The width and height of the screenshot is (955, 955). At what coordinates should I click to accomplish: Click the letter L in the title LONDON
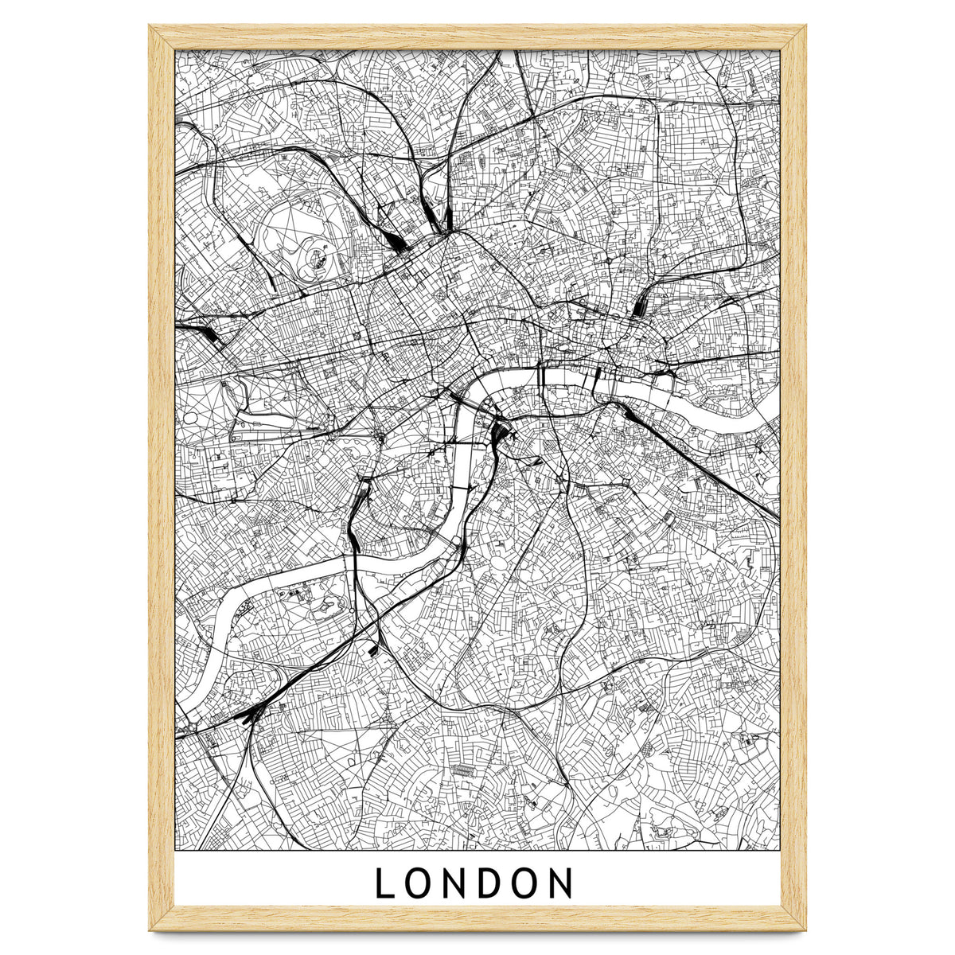click(384, 883)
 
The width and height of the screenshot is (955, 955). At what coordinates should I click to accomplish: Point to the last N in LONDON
click(560, 883)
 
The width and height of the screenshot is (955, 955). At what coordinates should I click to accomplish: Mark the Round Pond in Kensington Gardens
click(191, 416)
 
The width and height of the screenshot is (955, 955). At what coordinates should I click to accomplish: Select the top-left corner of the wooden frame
click(151, 25)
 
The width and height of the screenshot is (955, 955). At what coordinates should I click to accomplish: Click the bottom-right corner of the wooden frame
click(804, 928)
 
